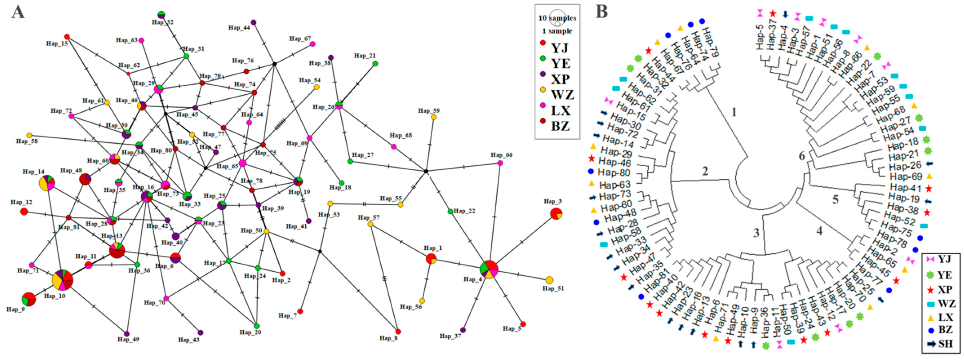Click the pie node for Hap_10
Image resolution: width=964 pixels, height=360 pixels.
pyautogui.click(x=62, y=280)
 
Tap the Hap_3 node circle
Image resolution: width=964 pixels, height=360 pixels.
pyautogui.click(x=556, y=214)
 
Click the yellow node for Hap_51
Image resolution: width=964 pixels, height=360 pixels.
pyautogui.click(x=549, y=280)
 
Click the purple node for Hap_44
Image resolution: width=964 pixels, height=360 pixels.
pyautogui.click(x=253, y=22)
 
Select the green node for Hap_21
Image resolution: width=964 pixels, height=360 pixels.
pyautogui.click(x=375, y=64)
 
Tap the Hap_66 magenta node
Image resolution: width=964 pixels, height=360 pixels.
pyautogui.click(x=500, y=163)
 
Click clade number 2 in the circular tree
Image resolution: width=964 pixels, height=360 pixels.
pyautogui.click(x=705, y=171)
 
